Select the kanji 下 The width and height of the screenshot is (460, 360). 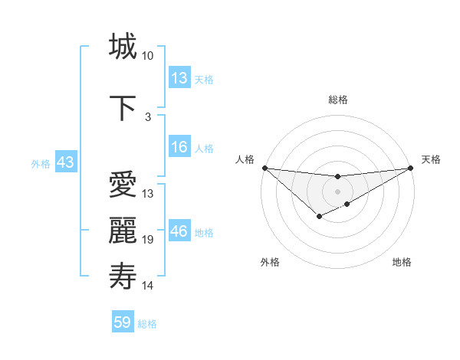click(x=123, y=107)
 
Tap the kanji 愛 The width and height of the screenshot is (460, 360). click(x=123, y=186)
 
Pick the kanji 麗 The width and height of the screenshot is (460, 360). click(x=123, y=230)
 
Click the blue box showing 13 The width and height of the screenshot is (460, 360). click(x=179, y=78)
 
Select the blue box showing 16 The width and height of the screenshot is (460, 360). click(x=179, y=147)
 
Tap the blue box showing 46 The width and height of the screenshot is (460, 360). click(x=179, y=231)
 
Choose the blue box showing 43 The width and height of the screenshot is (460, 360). click(x=65, y=162)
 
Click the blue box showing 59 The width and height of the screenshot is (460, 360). click(x=123, y=322)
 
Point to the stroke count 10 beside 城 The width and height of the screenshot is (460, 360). click(x=147, y=56)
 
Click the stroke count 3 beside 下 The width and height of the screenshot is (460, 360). click(x=148, y=117)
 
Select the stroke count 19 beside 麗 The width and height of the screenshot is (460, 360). click(x=148, y=240)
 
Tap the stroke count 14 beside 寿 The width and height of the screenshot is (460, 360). click(x=148, y=286)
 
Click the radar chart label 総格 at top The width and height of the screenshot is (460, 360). click(x=337, y=100)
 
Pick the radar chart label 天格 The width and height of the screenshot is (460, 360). click(x=431, y=159)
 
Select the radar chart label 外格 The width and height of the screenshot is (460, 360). click(x=270, y=263)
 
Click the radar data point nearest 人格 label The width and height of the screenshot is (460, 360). click(x=264, y=168)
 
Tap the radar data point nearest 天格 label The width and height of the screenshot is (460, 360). click(x=410, y=168)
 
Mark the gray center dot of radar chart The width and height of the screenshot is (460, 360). click(x=337, y=191)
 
